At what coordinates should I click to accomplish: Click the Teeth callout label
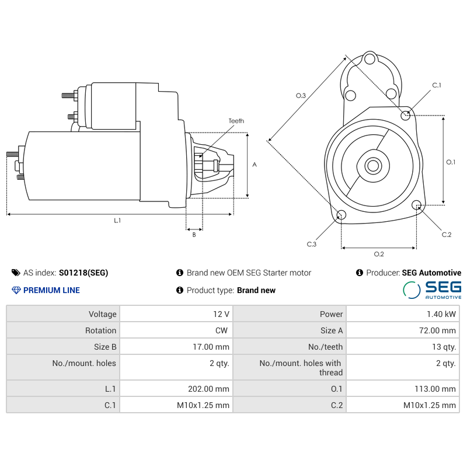tap(236, 121)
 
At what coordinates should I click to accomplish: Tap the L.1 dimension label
tap(117, 220)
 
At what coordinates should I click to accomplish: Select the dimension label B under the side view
tap(194, 235)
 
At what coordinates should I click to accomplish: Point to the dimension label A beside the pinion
tap(254, 165)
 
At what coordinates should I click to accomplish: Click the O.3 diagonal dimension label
tap(301, 95)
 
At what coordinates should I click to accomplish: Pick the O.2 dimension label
tap(378, 253)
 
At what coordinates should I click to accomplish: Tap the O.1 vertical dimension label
tap(450, 162)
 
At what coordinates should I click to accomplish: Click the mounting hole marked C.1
tap(406, 115)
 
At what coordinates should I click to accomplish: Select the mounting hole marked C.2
tap(416, 205)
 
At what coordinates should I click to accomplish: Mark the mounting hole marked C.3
tap(341, 215)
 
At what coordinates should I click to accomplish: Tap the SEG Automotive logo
tap(432, 290)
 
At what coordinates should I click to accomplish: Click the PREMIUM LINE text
tap(51, 290)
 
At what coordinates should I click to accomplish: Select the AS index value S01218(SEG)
tap(83, 273)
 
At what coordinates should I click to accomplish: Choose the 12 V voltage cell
tap(221, 314)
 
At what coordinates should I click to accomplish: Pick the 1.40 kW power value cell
tap(442, 314)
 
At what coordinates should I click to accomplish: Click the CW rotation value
tap(222, 330)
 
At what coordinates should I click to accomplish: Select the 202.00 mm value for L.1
tap(211, 389)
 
